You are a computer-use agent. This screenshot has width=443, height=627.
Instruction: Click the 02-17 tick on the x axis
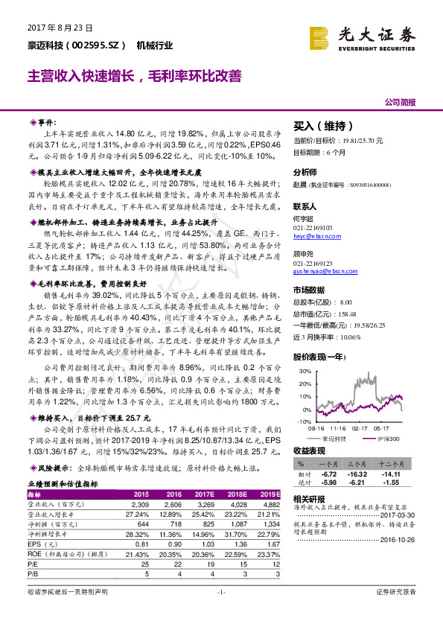coord(360,427)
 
